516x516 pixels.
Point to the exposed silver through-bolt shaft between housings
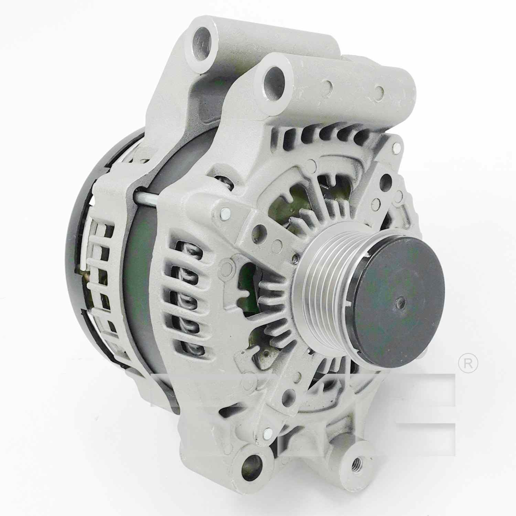point(146,199)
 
